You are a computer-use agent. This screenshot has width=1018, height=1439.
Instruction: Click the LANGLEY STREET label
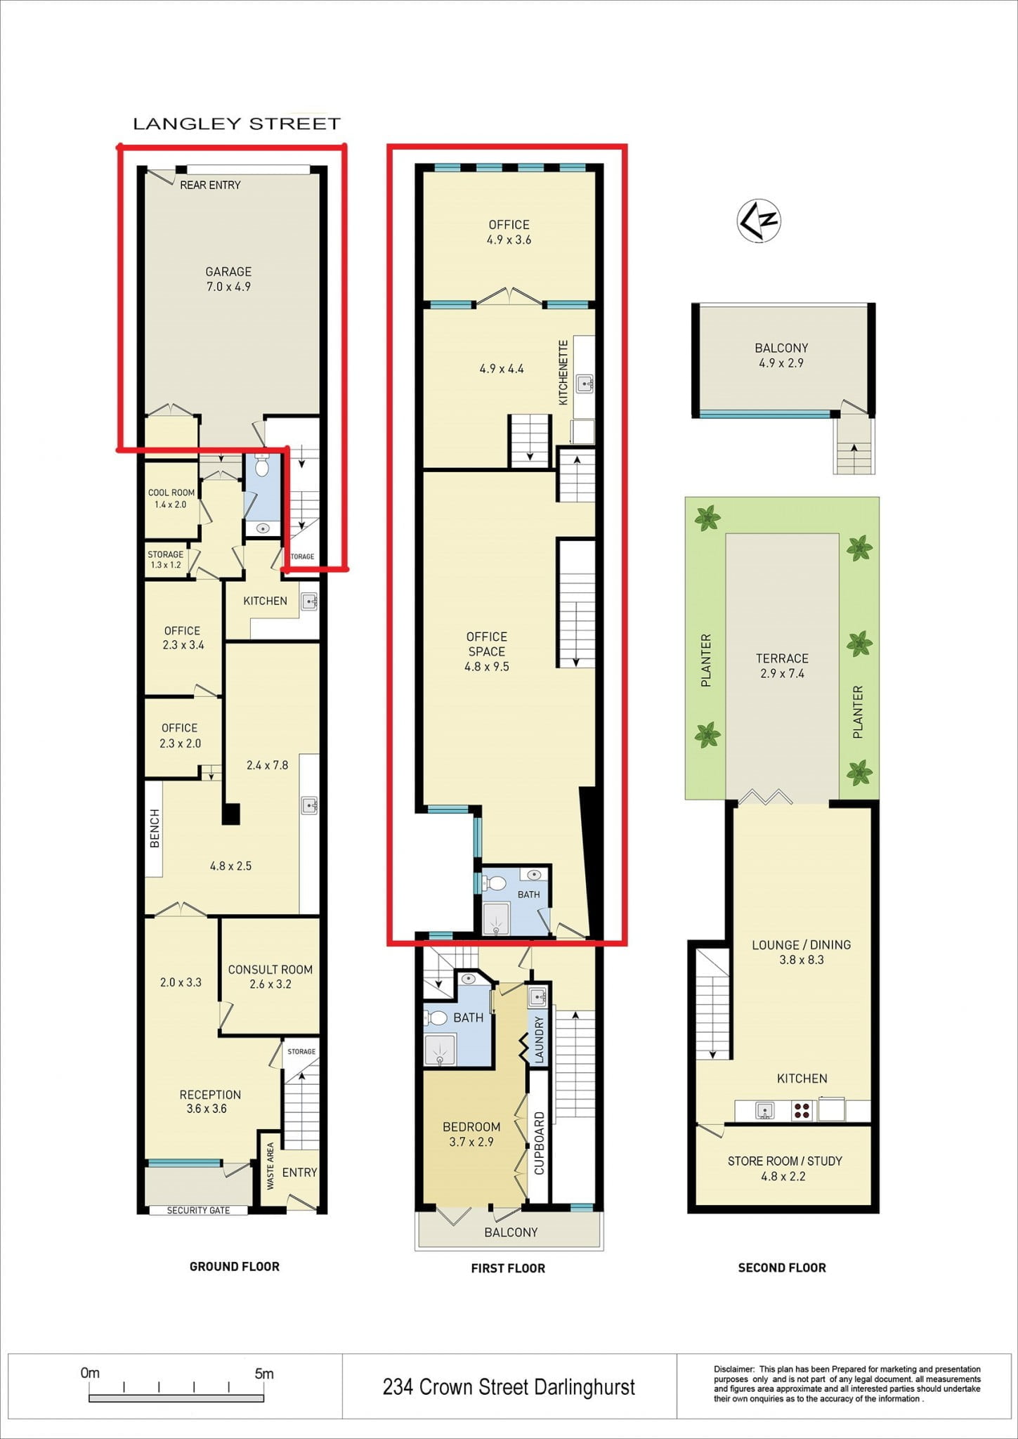[237, 124]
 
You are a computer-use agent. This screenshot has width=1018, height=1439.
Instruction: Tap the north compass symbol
[759, 221]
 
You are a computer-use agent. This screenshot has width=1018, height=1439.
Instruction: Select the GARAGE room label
[228, 272]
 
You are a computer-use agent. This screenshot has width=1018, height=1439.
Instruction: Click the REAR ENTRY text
[210, 185]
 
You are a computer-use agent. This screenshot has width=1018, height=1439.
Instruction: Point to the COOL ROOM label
[171, 493]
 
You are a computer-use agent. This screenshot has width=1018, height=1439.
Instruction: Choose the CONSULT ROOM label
[270, 969]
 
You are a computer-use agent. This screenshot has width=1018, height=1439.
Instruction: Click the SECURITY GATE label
[198, 1210]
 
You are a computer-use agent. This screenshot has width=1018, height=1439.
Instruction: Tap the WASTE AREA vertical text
[270, 1166]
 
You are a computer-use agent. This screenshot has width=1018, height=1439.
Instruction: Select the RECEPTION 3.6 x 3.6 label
[210, 1101]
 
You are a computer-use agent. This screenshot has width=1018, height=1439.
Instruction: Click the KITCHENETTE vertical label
[563, 372]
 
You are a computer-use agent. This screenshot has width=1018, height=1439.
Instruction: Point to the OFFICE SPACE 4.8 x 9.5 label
[487, 651]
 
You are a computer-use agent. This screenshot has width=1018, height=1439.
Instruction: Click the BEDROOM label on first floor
[471, 1126]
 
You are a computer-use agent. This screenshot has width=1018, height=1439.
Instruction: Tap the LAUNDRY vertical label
[540, 1039]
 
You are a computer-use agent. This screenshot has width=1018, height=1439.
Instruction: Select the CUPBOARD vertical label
[540, 1143]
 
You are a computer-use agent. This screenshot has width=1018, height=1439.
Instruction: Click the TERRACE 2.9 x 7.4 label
[782, 665]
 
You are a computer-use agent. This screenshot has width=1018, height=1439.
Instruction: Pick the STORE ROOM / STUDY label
[785, 1161]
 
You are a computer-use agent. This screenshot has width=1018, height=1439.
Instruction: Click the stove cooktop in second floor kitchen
[802, 1111]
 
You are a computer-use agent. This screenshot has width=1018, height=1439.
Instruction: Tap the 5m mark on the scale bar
[263, 1373]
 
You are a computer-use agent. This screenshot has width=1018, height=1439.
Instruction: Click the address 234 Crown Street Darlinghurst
[509, 1386]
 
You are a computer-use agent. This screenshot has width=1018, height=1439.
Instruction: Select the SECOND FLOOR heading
[782, 1268]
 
